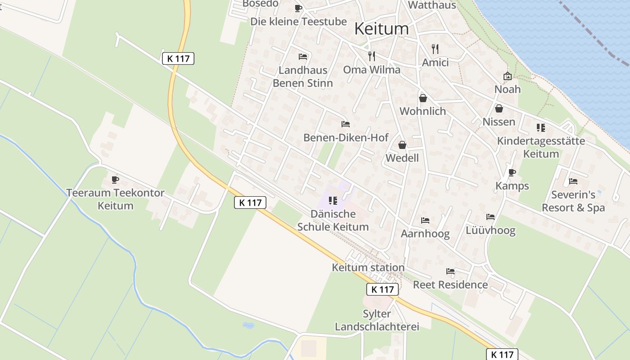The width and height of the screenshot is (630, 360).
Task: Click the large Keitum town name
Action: [x=382, y=29]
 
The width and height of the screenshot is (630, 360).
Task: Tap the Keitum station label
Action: [x=368, y=267]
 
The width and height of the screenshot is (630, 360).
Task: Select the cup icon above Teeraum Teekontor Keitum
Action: [x=115, y=180]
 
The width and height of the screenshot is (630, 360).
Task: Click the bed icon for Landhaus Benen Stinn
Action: [x=303, y=57]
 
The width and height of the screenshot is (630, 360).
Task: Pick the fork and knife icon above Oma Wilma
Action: [x=371, y=56]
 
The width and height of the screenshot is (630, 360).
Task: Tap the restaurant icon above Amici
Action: [x=435, y=49]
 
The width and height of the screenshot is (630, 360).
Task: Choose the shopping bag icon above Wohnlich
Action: [x=423, y=98]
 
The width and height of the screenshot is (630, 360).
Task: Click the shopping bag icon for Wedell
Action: [x=402, y=145]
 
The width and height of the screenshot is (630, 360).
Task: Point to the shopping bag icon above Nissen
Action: [x=499, y=108]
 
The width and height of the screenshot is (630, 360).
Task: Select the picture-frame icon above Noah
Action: [x=507, y=76]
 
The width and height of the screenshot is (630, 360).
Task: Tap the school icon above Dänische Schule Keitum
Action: [x=333, y=200]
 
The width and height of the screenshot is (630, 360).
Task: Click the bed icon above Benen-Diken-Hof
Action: [x=345, y=124]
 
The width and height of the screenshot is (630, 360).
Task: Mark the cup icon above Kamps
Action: [x=512, y=172]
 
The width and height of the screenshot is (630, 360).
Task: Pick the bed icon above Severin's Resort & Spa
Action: [x=573, y=181]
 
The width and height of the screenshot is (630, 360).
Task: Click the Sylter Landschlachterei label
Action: [x=377, y=320]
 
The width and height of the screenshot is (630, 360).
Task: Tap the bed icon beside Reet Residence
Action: [x=450, y=271]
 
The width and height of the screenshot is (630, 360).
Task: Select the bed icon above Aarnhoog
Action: [x=425, y=220]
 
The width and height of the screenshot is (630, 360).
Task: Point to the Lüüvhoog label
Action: [x=490, y=231]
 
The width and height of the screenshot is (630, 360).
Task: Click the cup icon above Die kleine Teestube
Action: [x=298, y=8]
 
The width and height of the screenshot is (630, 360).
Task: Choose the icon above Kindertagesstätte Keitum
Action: [x=541, y=128]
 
